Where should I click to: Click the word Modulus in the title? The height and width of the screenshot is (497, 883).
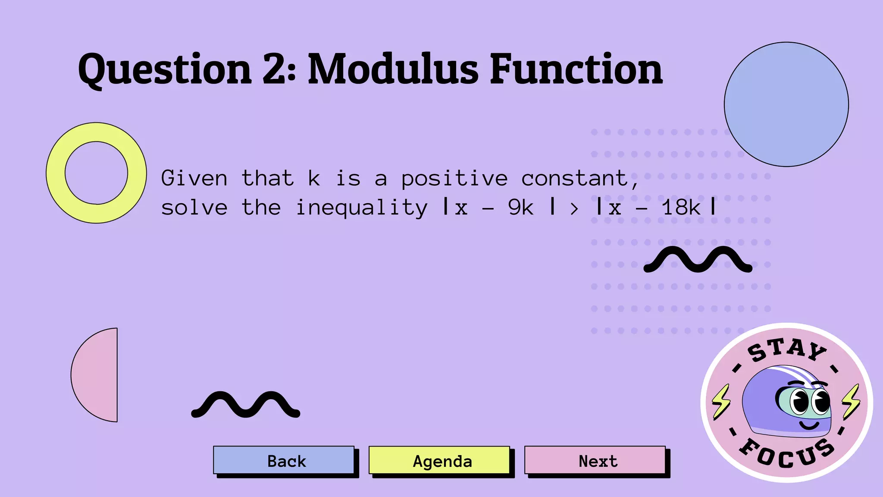point(393,69)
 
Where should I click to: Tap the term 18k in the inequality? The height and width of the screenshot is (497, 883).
point(681,208)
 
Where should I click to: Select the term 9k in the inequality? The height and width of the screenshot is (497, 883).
point(520,208)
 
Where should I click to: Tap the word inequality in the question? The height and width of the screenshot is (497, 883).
point(361,208)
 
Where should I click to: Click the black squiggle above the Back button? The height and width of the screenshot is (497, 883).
point(245,405)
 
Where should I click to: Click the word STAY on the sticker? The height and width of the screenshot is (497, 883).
point(787,349)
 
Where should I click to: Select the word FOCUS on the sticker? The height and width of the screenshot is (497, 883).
point(787,455)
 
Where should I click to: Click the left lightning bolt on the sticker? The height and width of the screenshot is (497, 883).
point(721,401)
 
